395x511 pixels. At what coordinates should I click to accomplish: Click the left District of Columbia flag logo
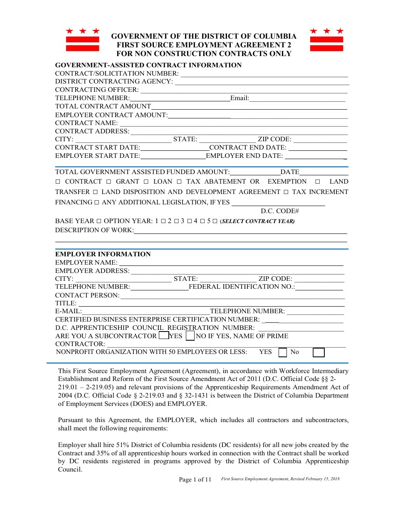coord(83,40)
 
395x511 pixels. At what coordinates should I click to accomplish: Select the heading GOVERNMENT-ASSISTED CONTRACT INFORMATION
coord(148,65)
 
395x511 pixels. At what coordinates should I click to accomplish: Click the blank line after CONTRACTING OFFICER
coord(243,90)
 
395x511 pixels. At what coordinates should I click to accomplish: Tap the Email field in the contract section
coord(297,98)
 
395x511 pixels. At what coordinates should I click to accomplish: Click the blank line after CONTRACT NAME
coord(233,123)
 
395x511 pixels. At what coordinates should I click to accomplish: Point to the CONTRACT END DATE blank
coord(318,148)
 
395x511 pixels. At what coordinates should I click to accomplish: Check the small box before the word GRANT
coord(109,182)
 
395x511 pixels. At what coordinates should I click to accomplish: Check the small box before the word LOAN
coord(146,182)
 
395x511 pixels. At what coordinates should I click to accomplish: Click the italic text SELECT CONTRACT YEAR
coord(257,221)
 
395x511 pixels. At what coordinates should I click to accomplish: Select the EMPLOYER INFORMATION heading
coord(103,254)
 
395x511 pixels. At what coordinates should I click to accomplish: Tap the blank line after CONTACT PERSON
coord(232,295)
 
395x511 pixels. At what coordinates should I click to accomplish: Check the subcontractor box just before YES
coord(164,335)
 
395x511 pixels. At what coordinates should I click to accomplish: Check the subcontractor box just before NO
coord(190,335)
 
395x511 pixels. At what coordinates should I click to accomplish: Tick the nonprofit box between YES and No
coord(282,353)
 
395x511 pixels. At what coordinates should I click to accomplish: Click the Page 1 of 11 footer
coord(195,479)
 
